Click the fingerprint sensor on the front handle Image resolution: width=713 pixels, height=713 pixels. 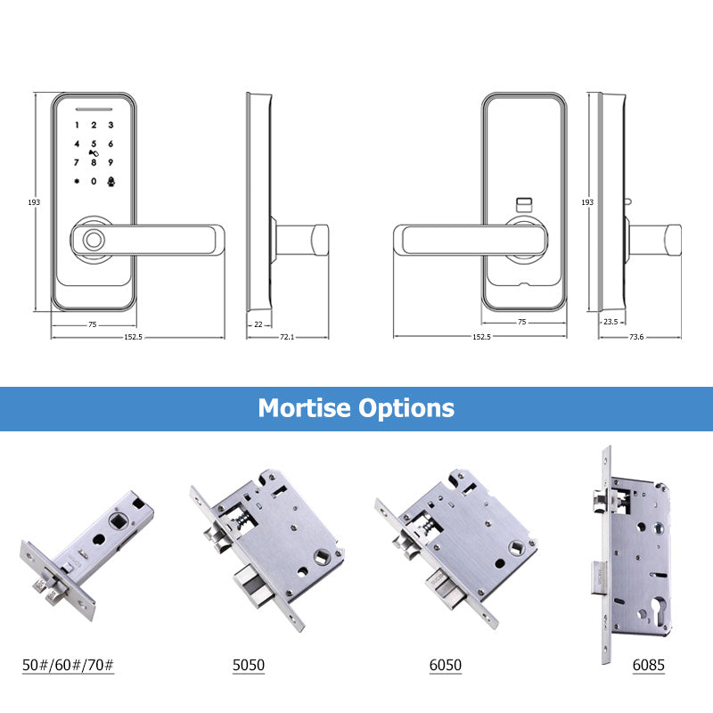[x=91, y=241]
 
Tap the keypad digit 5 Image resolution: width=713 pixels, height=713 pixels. [x=94, y=144]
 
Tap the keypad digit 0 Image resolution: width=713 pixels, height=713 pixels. [x=94, y=181]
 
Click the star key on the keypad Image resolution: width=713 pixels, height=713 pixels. [x=77, y=181]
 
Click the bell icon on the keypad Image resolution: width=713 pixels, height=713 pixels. [x=111, y=181]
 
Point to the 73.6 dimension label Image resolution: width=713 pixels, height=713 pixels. [x=636, y=337]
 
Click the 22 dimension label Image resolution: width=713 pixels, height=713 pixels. [x=258, y=324]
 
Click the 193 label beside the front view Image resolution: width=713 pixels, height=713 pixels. [x=35, y=202]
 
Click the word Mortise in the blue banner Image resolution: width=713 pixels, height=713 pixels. [x=304, y=408]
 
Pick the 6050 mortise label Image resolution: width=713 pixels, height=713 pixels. [x=445, y=665]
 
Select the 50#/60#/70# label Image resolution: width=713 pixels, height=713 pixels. [x=68, y=665]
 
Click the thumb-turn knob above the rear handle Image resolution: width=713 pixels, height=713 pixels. [x=524, y=204]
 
